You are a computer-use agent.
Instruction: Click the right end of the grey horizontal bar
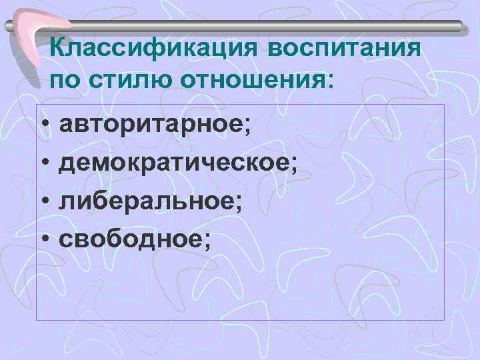coord(459,25)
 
